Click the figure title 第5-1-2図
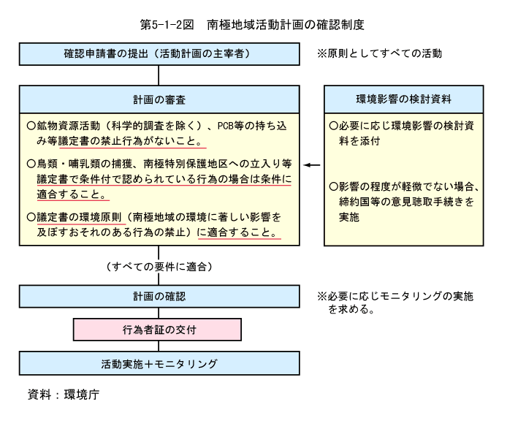click(x=167, y=25)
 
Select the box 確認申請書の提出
click(x=159, y=54)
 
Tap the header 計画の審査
click(x=159, y=99)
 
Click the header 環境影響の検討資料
click(x=403, y=99)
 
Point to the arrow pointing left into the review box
click(x=312, y=165)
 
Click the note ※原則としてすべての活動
click(x=379, y=53)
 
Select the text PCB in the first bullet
click(x=226, y=126)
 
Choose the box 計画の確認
click(x=159, y=297)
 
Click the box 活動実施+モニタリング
click(x=159, y=363)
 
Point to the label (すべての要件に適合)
click(x=159, y=267)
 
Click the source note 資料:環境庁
click(x=64, y=395)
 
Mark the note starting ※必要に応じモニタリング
click(x=395, y=303)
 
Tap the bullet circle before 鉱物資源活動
click(x=31, y=126)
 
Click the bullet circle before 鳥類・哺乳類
click(x=31, y=164)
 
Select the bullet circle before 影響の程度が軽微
click(x=334, y=186)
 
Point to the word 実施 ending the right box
click(x=349, y=217)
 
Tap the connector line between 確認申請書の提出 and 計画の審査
click(x=159, y=75)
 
